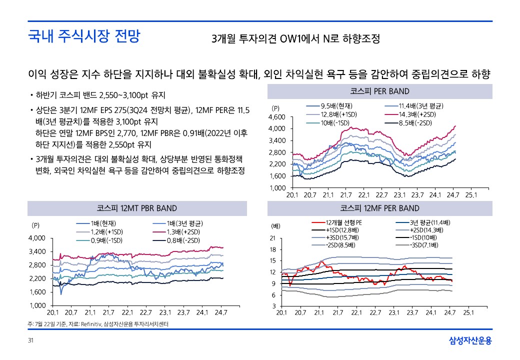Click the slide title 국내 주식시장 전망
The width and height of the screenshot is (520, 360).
pos(84,37)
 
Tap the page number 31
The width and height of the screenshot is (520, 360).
pos(30,341)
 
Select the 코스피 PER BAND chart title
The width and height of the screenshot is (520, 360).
pos(380,91)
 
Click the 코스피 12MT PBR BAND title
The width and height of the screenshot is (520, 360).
pos(136,208)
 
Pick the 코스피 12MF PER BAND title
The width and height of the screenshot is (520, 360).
pos(380,208)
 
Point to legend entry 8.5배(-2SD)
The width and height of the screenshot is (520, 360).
pos(415,123)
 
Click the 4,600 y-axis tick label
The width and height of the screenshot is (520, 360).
pos(277,117)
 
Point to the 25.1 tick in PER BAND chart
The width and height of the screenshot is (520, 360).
pos(471,195)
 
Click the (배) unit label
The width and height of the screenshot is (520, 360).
pos(275,226)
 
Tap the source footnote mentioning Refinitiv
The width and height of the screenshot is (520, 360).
pos(98,324)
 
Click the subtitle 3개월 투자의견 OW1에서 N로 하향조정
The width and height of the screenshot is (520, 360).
pos(295,38)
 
